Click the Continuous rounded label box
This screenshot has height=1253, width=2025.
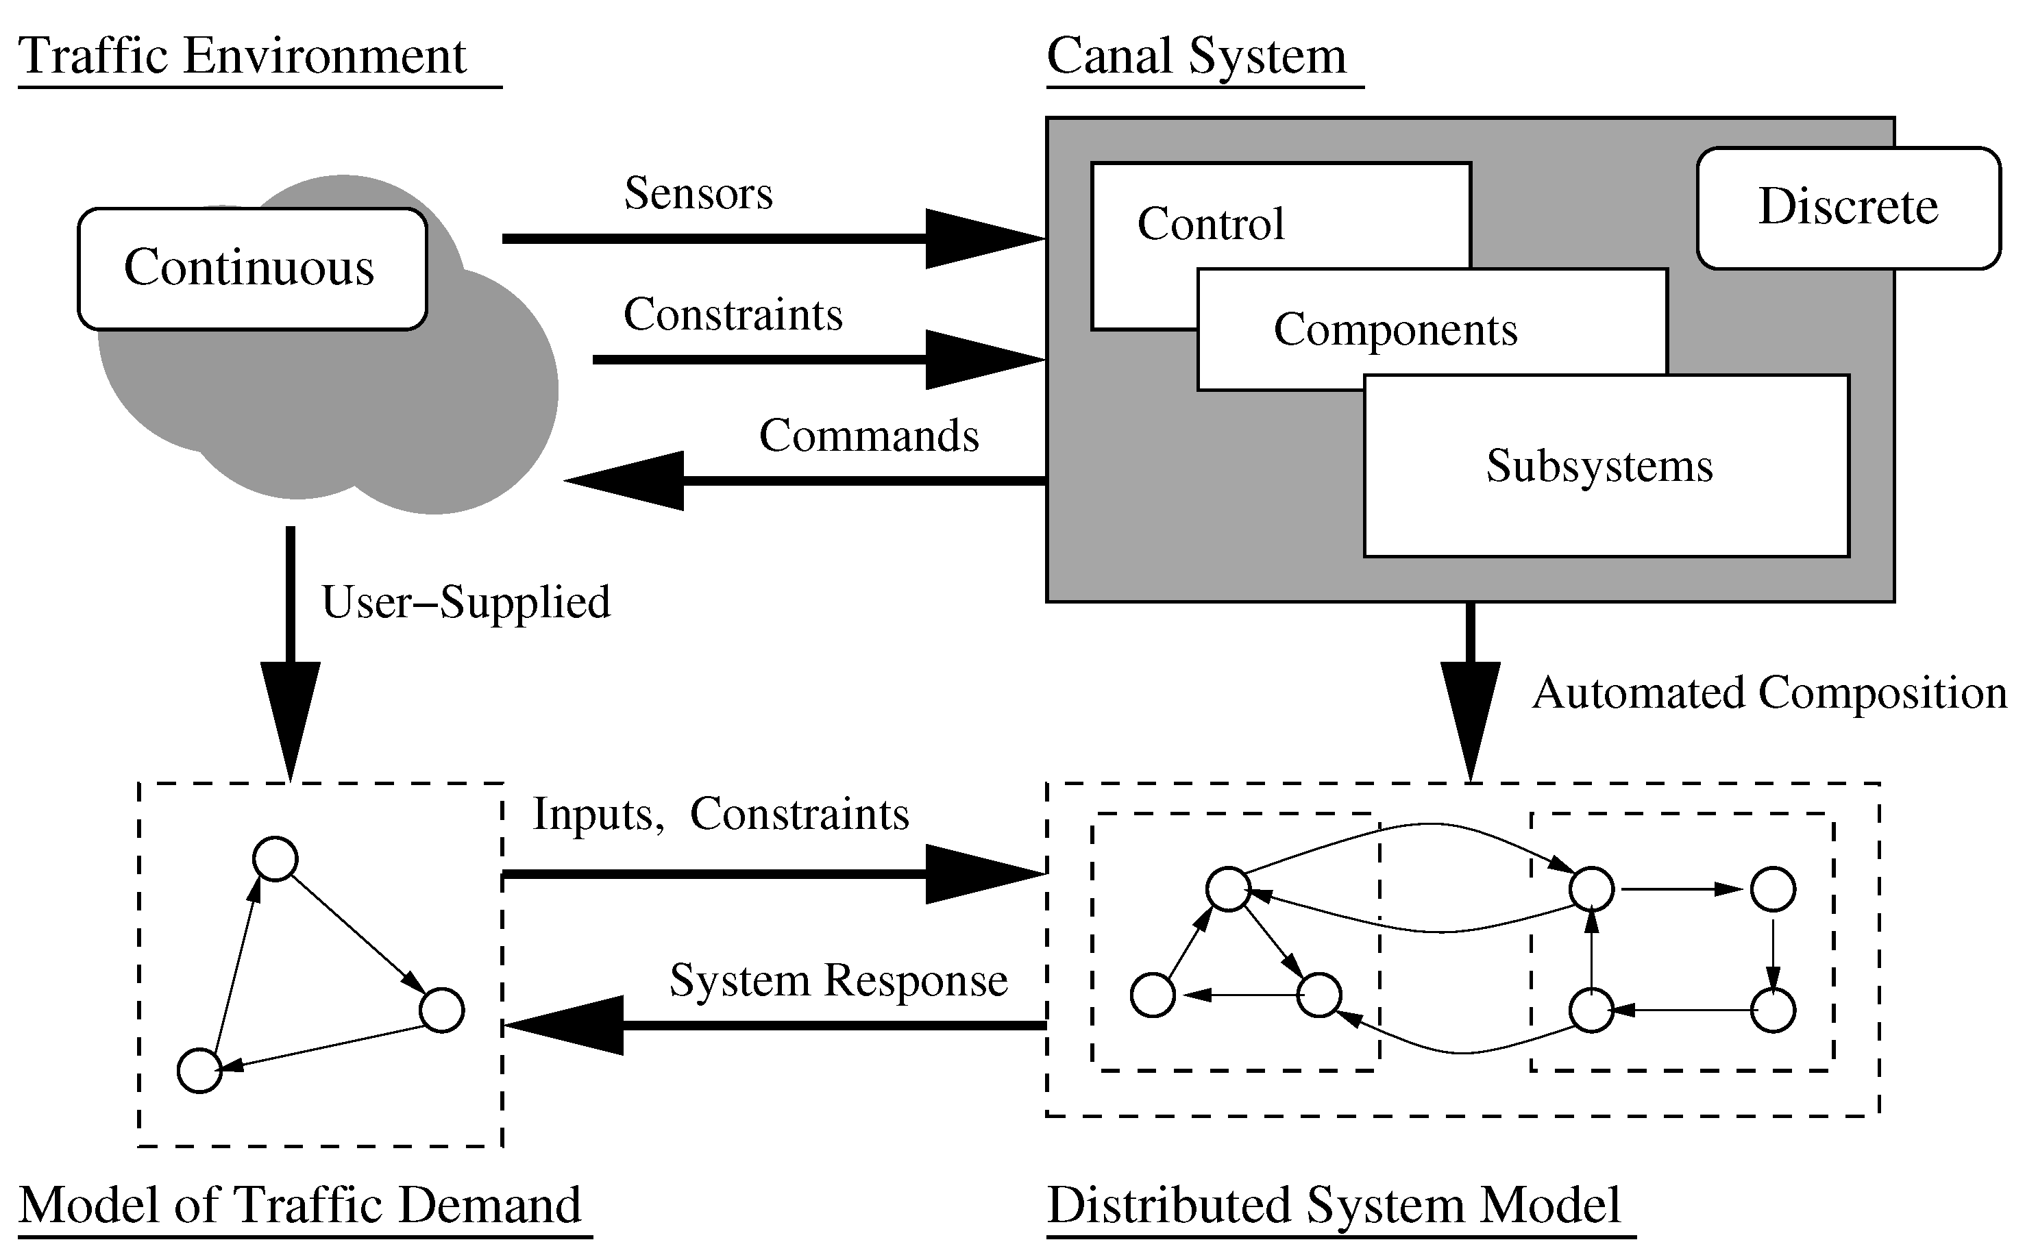click(252, 269)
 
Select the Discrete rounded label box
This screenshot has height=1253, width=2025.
click(1848, 207)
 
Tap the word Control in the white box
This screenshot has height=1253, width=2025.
click(1210, 224)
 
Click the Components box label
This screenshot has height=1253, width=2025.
click(1395, 330)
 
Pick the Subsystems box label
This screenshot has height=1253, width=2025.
click(1599, 466)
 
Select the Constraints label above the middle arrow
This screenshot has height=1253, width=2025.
click(733, 315)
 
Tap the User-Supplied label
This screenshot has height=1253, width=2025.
click(466, 601)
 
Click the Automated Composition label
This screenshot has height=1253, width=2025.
click(1769, 692)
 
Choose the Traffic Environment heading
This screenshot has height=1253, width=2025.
click(242, 56)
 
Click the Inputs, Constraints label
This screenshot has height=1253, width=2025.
click(720, 814)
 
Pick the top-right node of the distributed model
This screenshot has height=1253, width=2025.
click(1773, 889)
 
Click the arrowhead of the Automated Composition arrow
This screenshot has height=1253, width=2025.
click(1471, 721)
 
